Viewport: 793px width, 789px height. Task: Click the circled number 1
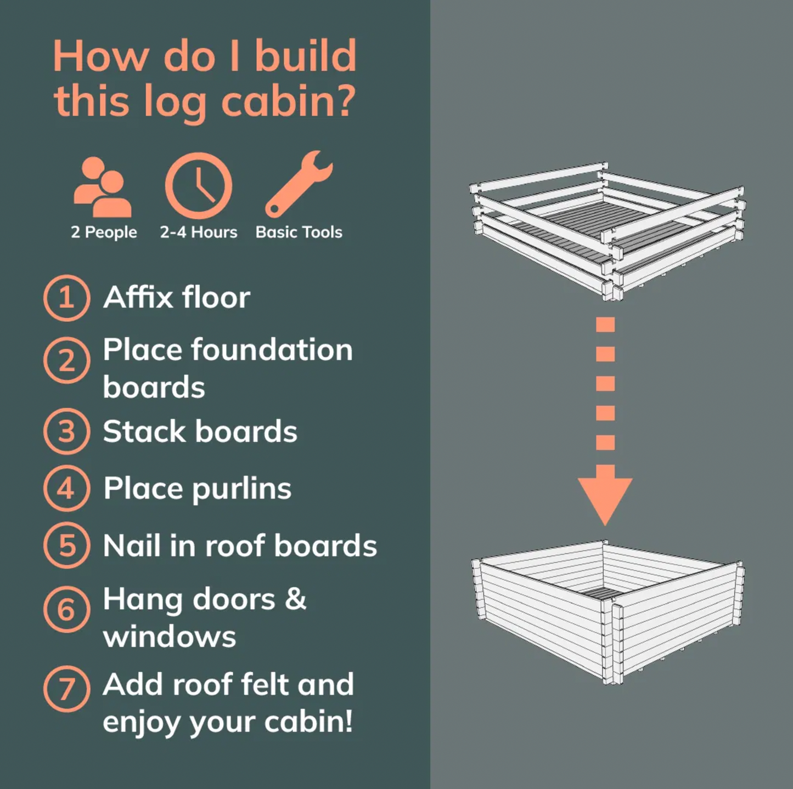click(66, 298)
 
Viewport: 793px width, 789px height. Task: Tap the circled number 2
click(66, 360)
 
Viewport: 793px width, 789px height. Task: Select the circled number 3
click(66, 432)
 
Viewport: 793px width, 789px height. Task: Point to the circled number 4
click(66, 489)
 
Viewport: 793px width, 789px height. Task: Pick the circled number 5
click(66, 545)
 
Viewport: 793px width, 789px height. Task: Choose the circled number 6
click(66, 609)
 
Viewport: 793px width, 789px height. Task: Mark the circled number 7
click(66, 689)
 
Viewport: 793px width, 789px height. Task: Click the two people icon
click(103, 186)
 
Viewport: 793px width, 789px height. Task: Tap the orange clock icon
click(199, 186)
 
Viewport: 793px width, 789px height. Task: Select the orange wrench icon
click(299, 184)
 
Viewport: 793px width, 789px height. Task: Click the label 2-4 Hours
click(199, 232)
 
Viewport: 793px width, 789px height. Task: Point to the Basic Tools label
click(299, 232)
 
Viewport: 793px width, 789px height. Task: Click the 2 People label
click(104, 232)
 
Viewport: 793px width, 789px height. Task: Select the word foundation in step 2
click(272, 350)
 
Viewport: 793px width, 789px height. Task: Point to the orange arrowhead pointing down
click(605, 496)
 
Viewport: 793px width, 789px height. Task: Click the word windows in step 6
click(170, 637)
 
